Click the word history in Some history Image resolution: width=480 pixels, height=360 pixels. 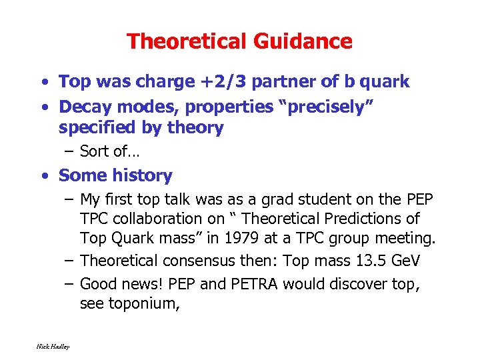click(x=142, y=175)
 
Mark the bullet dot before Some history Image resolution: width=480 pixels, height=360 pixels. click(x=44, y=176)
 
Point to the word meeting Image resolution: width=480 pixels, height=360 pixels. click(x=403, y=238)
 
